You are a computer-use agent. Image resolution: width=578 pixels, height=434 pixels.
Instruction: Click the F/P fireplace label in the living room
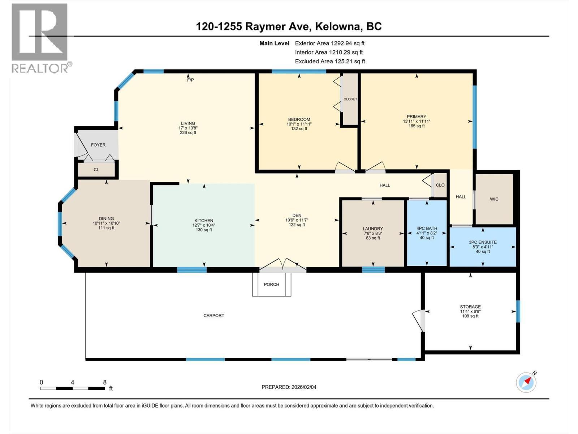tap(190, 80)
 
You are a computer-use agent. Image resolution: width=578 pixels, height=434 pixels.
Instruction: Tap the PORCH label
tap(271, 285)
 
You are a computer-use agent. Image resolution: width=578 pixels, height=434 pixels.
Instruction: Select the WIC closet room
tap(494, 199)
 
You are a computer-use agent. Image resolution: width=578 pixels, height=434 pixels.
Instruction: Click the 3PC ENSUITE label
tap(483, 242)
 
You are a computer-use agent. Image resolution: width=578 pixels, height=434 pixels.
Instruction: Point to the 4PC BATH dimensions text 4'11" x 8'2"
tap(427, 233)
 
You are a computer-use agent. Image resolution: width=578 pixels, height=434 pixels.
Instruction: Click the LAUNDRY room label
tap(373, 229)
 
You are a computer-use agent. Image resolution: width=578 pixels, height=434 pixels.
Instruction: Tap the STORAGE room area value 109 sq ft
tap(470, 316)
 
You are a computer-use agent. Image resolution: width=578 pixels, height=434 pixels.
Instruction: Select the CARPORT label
tap(214, 316)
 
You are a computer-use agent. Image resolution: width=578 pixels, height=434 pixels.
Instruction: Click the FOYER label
tap(98, 145)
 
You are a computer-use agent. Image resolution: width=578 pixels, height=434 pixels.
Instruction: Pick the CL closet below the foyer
tap(96, 170)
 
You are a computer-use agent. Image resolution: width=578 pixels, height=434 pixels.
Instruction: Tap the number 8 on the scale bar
tap(105, 382)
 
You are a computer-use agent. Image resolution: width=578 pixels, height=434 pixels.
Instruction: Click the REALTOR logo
tap(40, 38)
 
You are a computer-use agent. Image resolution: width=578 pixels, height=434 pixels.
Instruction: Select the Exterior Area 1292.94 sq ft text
tap(329, 43)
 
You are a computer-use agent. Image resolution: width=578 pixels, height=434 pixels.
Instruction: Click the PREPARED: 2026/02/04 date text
tap(289, 387)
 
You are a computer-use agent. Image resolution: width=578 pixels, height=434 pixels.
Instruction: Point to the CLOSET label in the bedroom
tap(350, 99)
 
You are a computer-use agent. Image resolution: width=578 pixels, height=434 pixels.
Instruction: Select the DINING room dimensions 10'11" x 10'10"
tap(106, 223)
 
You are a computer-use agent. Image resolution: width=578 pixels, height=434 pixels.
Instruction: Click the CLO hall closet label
tap(440, 185)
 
